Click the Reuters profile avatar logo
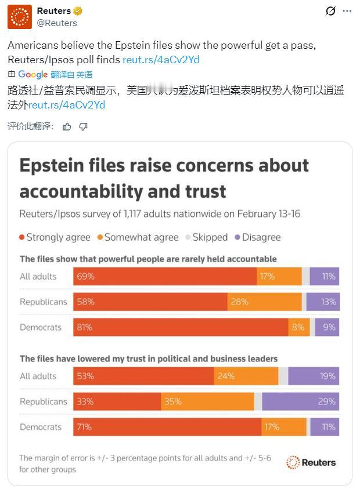click(19, 17)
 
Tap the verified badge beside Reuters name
click(78, 11)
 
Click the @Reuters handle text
click(57, 23)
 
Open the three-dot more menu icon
click(347, 11)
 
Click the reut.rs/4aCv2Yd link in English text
click(162, 60)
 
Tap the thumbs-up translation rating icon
click(67, 126)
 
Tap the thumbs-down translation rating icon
click(83, 126)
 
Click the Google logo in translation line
click(33, 74)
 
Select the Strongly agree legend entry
click(55, 237)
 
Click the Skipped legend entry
click(206, 237)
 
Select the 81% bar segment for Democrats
click(181, 327)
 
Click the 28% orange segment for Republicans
click(264, 302)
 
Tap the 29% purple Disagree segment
click(300, 401)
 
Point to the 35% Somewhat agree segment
click(207, 401)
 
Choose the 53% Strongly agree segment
click(143, 376)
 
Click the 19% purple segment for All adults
click(314, 376)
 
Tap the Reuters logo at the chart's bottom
click(311, 462)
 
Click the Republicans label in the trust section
click(44, 401)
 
